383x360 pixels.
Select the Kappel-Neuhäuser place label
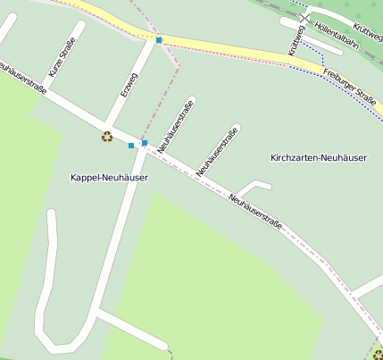point(109,178)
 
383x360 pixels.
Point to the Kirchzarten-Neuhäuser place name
point(319,158)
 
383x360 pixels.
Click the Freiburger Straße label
point(350,85)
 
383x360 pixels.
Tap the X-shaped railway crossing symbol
point(305,17)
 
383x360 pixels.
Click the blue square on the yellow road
point(159,40)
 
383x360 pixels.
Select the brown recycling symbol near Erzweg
point(107,137)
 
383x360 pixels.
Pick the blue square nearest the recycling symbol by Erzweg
point(131,145)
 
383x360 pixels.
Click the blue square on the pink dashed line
point(145,142)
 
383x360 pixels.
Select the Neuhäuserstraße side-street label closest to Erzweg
point(176,127)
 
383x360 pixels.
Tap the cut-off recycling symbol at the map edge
point(378,355)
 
